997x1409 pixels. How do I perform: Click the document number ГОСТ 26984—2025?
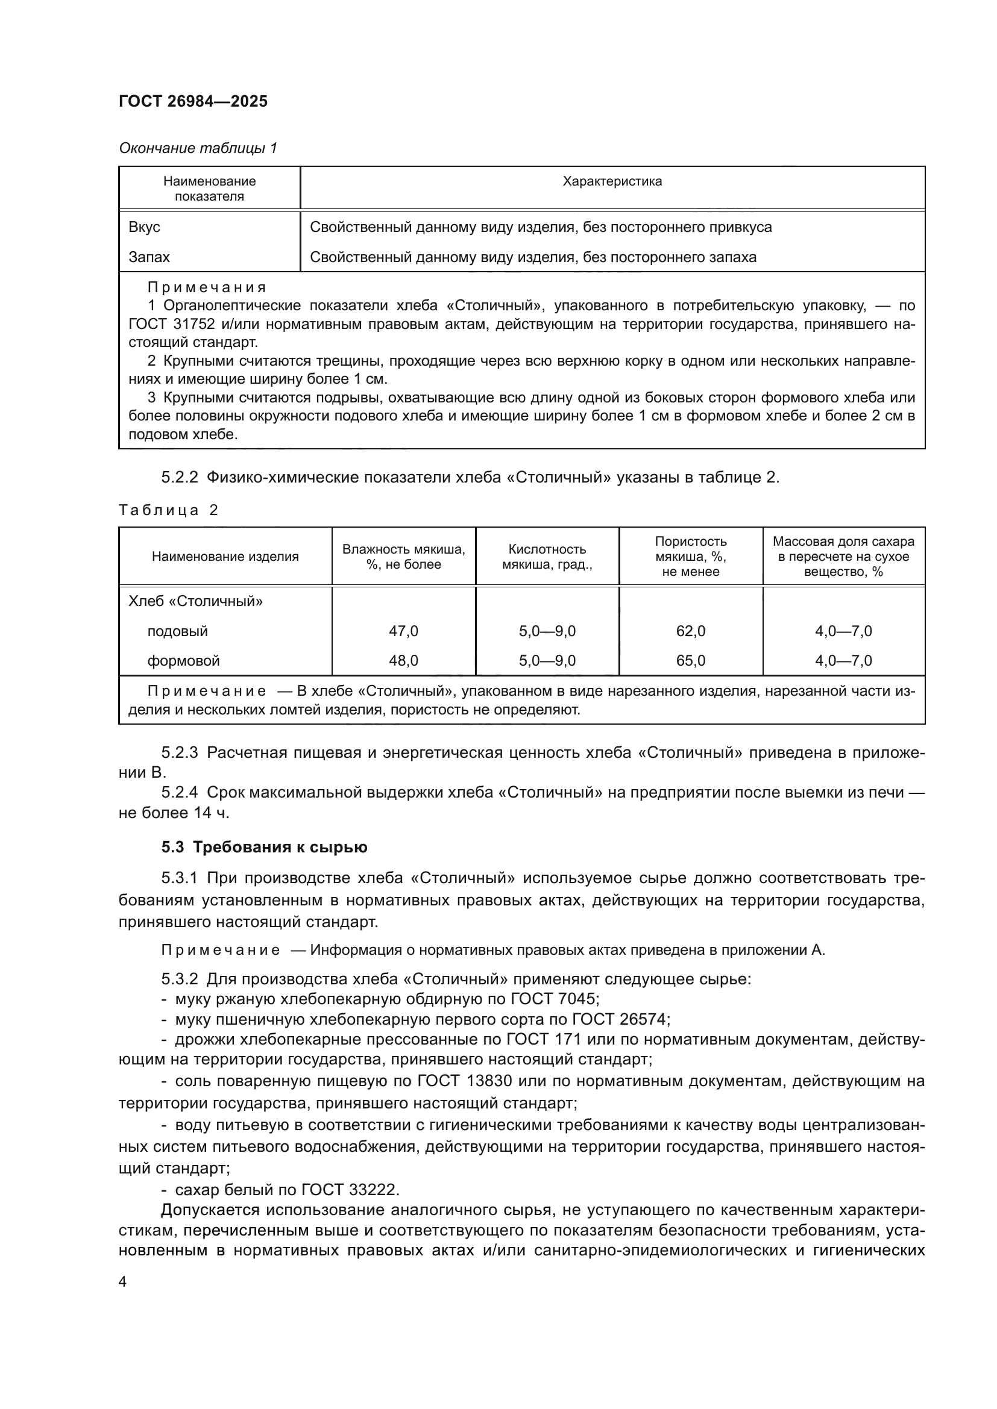[193, 101]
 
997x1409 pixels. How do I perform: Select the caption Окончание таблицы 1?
[198, 148]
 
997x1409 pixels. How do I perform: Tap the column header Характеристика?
[612, 182]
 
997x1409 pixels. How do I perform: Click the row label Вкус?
[144, 227]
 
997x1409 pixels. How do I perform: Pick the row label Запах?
[149, 257]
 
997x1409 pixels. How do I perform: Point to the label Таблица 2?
[169, 510]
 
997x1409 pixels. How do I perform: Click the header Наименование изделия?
[225, 557]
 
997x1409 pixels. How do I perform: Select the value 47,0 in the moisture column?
[403, 631]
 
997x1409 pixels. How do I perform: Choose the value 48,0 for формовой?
[403, 661]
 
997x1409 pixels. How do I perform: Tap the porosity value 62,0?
[691, 631]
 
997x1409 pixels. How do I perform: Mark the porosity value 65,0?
[691, 661]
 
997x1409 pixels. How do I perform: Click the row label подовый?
[177, 631]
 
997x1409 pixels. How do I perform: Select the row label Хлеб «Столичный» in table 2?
[195, 601]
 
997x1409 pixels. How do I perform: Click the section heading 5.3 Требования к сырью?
[264, 848]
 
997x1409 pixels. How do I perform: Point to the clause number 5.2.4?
[179, 792]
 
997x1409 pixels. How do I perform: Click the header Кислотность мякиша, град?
[547, 557]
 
